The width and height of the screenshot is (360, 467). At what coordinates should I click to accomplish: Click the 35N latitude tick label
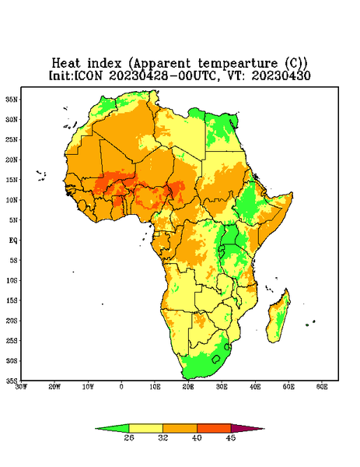pyautogui.click(x=12, y=99)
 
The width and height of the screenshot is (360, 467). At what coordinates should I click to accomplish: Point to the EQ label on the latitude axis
pyautogui.click(x=12, y=240)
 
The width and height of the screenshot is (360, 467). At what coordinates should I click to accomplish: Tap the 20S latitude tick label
pyautogui.click(x=12, y=321)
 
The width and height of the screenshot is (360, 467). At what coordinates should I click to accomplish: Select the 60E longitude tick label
pyautogui.click(x=322, y=387)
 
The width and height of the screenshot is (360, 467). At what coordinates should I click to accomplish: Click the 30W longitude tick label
pyautogui.click(x=21, y=387)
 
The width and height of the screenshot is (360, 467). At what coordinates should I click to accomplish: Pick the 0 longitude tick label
pyautogui.click(x=121, y=387)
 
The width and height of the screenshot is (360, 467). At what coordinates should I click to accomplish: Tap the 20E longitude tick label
pyautogui.click(x=188, y=387)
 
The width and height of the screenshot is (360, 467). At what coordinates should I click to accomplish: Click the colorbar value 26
pyautogui.click(x=129, y=437)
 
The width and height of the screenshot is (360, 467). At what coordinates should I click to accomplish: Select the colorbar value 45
pyautogui.click(x=231, y=437)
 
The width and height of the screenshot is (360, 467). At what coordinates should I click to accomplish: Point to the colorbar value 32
pyautogui.click(x=163, y=437)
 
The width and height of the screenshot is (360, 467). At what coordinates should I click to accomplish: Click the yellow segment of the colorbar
pyautogui.click(x=145, y=428)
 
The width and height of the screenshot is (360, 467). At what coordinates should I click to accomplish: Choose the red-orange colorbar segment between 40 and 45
pyautogui.click(x=214, y=428)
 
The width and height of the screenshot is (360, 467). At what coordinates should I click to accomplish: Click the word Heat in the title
pyautogui.click(x=66, y=63)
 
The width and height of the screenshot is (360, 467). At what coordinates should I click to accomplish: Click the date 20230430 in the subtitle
pyautogui.click(x=281, y=75)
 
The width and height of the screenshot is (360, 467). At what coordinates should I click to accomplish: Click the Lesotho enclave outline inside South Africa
pyautogui.click(x=216, y=359)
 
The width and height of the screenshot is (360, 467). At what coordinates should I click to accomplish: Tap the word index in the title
pyautogui.click(x=104, y=63)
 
